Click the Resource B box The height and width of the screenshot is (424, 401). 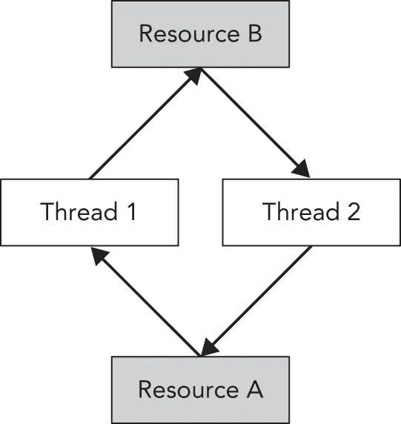pyautogui.click(x=200, y=33)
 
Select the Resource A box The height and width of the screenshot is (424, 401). pyautogui.click(x=200, y=389)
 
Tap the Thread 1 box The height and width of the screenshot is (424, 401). pyautogui.click(x=89, y=212)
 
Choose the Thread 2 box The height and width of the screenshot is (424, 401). pyautogui.click(x=311, y=212)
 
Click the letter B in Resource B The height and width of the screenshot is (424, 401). pyautogui.click(x=253, y=34)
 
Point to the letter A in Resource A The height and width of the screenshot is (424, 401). pyautogui.click(x=253, y=389)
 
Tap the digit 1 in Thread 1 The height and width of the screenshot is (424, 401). pyautogui.click(x=131, y=212)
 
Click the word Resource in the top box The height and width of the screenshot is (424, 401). pyautogui.click(x=185, y=34)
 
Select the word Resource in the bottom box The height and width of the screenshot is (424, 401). pyautogui.click(x=184, y=389)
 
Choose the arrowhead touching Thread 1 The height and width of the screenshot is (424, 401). pyautogui.click(x=98, y=256)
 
